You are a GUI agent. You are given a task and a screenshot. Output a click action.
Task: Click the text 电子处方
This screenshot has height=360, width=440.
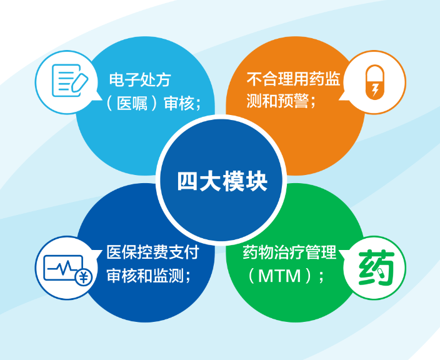click(x=139, y=80)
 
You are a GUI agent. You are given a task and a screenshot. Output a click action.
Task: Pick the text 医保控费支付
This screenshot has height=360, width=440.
click(x=152, y=252)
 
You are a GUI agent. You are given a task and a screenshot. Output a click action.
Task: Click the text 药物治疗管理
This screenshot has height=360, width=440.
click(x=289, y=252)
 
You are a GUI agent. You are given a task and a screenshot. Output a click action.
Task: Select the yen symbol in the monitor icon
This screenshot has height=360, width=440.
click(x=82, y=277)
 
